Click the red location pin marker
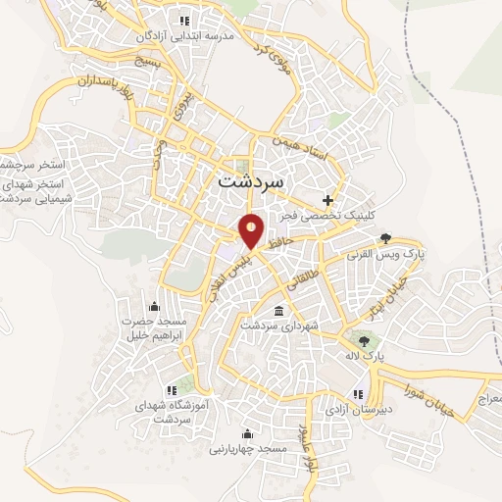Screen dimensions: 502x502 coord(252,230)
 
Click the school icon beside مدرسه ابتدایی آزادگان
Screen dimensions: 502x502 coord(183,20)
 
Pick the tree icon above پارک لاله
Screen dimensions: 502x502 coord(364,341)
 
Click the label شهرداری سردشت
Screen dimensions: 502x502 coord(277,326)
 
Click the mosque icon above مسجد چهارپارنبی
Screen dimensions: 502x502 coord(246,434)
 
